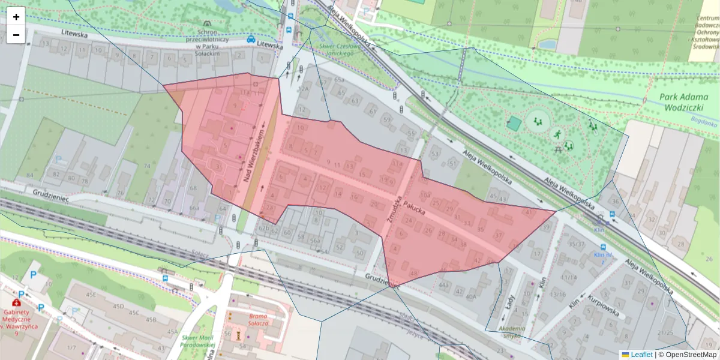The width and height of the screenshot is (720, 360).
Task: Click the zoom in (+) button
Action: coord(16,17)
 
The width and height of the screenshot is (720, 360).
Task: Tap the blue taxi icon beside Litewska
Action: coord(250,39)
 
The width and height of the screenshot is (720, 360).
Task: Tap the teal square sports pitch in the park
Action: coord(514,124)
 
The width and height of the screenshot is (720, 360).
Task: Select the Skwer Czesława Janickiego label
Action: coord(343,49)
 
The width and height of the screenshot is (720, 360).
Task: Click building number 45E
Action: coord(91,295)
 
